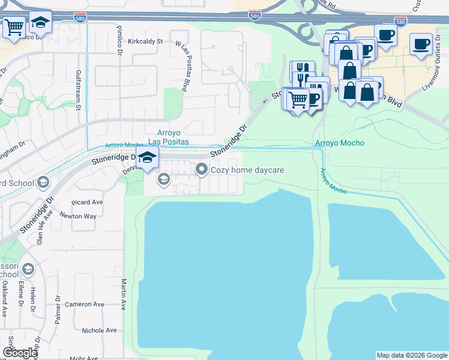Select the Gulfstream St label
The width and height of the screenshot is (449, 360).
click(x=78, y=90)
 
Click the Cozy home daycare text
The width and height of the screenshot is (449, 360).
click(x=247, y=170)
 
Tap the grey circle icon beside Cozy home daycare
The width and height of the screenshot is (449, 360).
click(x=201, y=170)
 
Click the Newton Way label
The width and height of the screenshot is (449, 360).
click(x=79, y=216)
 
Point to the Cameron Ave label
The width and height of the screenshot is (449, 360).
click(x=86, y=304)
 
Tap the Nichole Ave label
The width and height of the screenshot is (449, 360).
click(x=99, y=331)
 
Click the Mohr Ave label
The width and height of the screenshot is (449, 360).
click(x=83, y=358)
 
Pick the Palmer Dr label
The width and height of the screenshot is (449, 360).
click(x=58, y=310)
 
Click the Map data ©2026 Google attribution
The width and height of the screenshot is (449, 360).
click(x=411, y=355)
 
